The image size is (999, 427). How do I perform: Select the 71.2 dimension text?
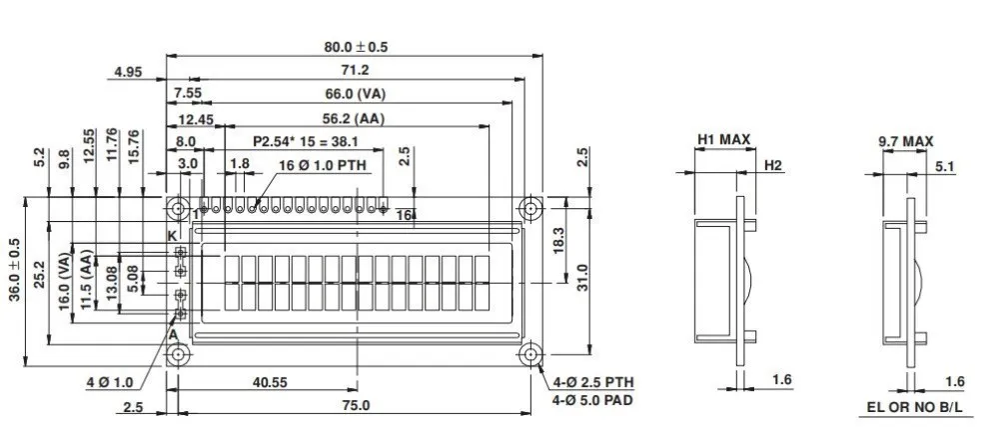click(x=355, y=70)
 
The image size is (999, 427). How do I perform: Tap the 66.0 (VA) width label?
click(x=356, y=94)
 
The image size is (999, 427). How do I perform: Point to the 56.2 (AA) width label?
click(x=356, y=118)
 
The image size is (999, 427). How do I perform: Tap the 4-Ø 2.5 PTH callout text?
click(x=593, y=383)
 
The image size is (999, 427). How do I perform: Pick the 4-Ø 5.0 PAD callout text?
click(x=593, y=401)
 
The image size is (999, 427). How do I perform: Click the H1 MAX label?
click(x=723, y=140)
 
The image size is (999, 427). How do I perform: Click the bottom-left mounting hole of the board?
click(x=178, y=354)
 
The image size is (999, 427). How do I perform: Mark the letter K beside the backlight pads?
click(x=172, y=235)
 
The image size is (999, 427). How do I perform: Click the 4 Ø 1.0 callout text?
click(x=110, y=382)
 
